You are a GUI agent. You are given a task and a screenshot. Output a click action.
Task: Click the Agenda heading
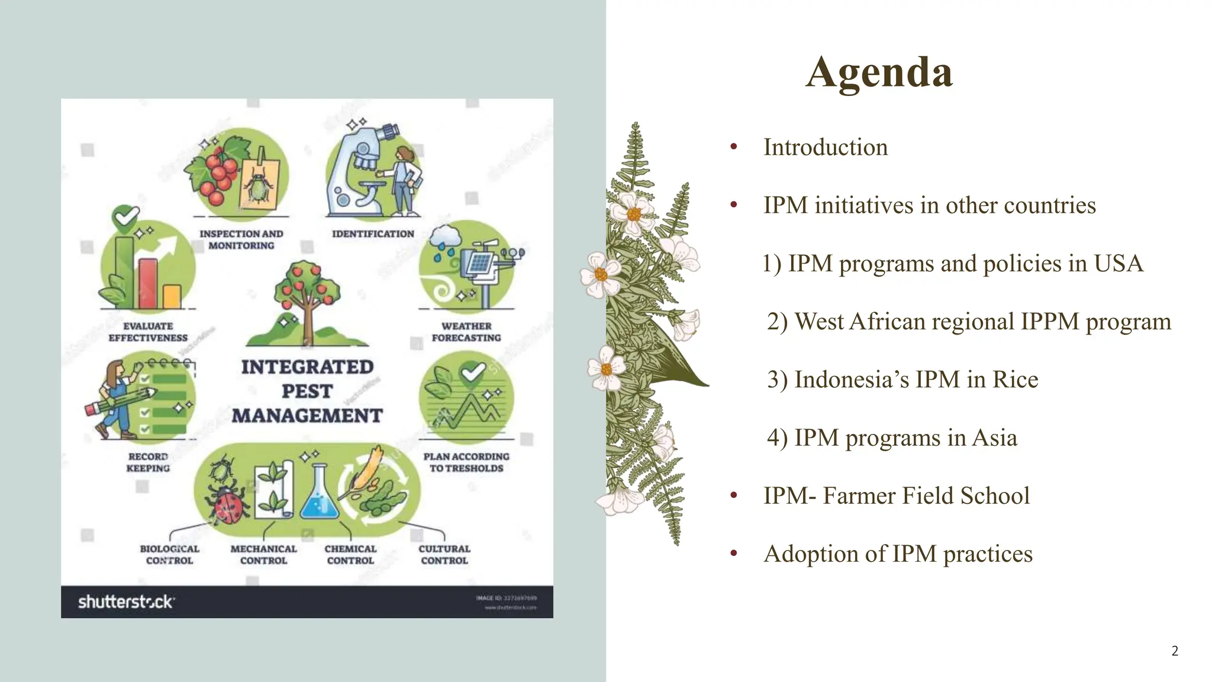click(x=879, y=72)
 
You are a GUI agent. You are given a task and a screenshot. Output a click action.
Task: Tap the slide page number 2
click(x=1175, y=651)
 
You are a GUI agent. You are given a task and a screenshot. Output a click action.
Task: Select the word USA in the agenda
click(x=1118, y=263)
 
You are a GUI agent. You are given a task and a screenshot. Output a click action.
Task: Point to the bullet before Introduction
click(x=734, y=147)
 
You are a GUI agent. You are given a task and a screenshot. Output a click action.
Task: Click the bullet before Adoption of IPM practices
click(x=734, y=554)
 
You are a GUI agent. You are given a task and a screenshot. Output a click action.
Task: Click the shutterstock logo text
click(x=126, y=602)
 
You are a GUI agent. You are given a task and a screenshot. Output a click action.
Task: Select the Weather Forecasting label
click(x=466, y=332)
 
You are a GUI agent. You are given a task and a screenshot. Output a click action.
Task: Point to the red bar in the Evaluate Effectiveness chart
click(x=148, y=284)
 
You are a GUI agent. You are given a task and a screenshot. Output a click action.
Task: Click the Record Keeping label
click(x=148, y=462)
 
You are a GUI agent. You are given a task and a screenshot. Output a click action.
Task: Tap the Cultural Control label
click(x=444, y=555)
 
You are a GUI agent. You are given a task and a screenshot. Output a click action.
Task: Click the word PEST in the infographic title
click(x=307, y=391)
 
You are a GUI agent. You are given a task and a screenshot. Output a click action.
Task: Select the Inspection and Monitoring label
click(x=241, y=240)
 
